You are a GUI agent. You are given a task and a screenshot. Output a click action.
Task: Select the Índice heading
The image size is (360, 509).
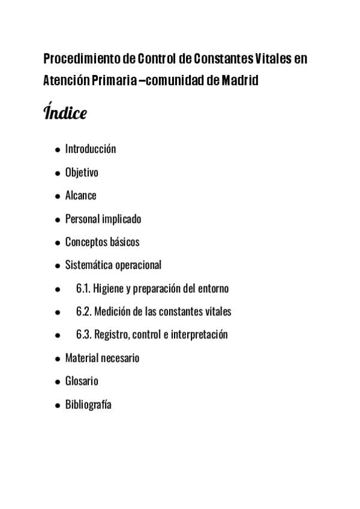tap(65, 112)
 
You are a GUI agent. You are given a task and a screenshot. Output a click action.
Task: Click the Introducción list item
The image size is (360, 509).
tap(91, 149)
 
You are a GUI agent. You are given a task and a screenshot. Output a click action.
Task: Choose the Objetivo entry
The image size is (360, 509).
tap(82, 172)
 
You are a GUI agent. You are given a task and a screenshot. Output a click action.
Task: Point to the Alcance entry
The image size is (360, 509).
tap(80, 196)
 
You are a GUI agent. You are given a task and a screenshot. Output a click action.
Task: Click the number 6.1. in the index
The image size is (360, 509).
tap(83, 289)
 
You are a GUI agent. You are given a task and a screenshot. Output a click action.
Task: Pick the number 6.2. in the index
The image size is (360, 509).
tap(84, 312)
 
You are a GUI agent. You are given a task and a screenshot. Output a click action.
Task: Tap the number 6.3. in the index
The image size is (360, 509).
tap(84, 335)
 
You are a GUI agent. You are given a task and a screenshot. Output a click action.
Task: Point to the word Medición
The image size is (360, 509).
tap(113, 312)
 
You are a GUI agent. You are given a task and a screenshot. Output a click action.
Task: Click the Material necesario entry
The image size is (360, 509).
tap(102, 358)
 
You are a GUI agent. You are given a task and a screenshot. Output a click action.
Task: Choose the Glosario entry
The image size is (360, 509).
tap(82, 381)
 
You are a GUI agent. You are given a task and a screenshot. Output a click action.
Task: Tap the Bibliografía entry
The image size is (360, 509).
tap(88, 405)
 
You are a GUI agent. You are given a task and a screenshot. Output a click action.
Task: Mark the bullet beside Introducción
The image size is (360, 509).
tap(57, 149)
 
